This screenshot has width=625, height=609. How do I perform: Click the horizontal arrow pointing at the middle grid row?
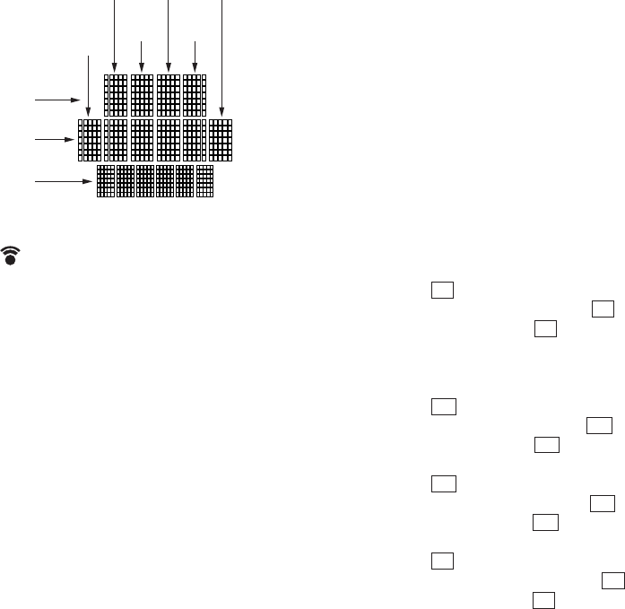[54, 140]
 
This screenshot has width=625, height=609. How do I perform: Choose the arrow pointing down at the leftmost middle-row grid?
[88, 84]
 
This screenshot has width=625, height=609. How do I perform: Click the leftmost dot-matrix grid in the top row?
[116, 95]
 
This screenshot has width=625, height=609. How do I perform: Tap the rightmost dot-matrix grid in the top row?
[195, 95]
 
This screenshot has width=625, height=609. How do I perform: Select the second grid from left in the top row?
[142, 95]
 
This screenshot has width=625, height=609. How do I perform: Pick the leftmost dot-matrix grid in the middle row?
[90, 140]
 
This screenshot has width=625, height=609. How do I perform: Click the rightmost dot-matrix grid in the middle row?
[221, 140]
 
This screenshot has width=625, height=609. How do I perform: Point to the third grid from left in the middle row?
[142, 140]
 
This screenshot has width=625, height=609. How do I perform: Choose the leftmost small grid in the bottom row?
[106, 181]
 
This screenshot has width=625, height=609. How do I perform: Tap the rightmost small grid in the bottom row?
[205, 181]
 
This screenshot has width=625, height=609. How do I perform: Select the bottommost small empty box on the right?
[542, 599]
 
